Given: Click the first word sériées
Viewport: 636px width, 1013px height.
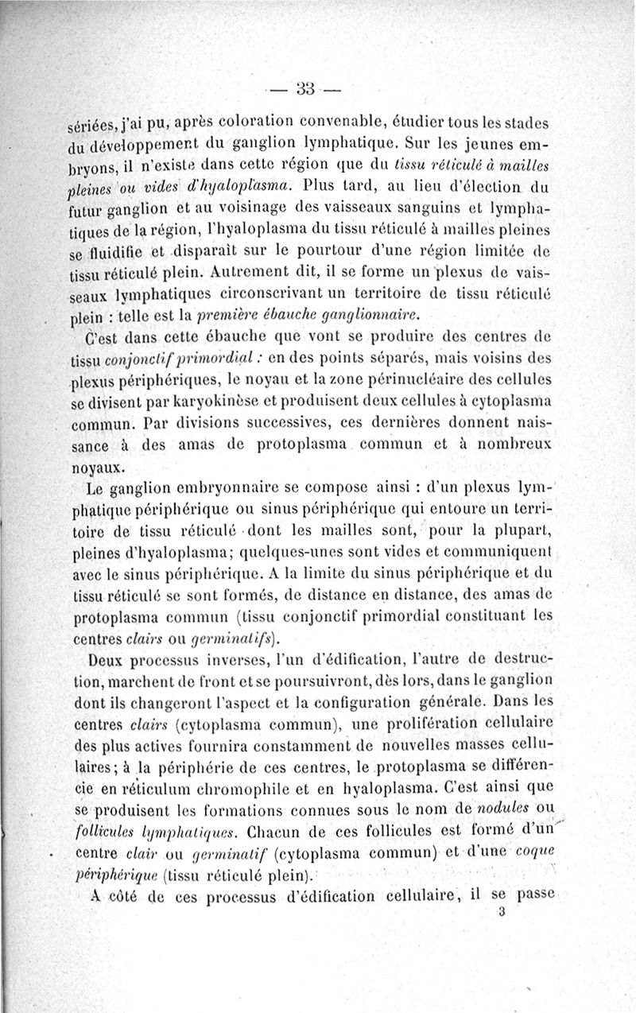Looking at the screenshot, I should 93,126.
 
